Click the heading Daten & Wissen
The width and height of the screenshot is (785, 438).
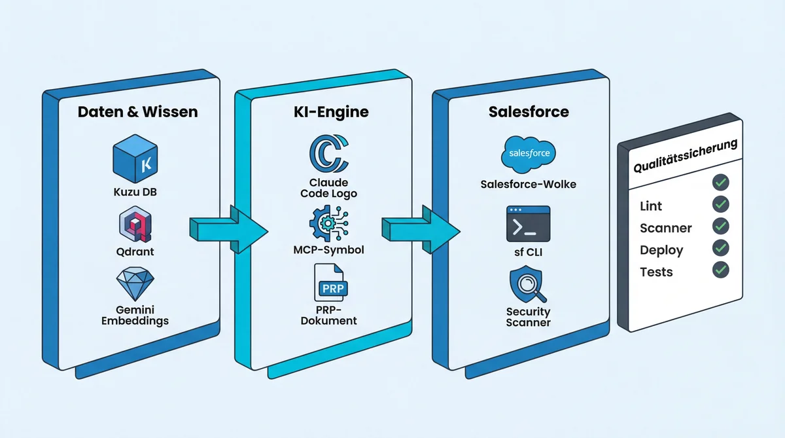click(137, 112)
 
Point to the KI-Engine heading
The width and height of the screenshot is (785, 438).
click(331, 112)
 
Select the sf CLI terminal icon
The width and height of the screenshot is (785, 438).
click(529, 223)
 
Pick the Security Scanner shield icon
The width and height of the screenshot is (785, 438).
click(529, 282)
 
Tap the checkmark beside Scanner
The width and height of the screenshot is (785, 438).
click(720, 226)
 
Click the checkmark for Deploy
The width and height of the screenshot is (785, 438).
click(720, 248)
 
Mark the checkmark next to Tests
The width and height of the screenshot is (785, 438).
click(720, 269)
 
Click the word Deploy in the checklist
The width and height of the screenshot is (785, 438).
click(661, 250)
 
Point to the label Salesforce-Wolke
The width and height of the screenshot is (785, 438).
click(529, 184)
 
